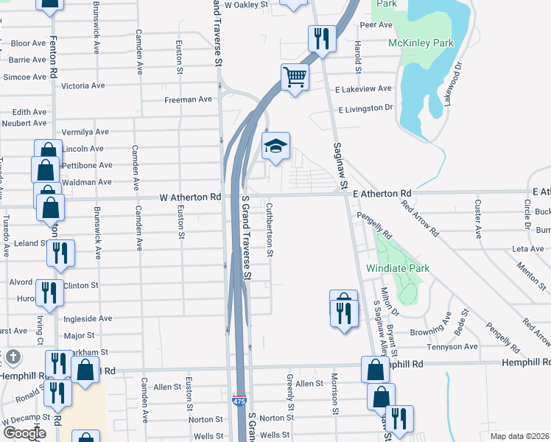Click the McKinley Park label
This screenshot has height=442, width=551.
(421, 43)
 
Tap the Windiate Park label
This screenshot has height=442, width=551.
(397, 269)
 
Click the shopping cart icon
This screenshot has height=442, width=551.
(295, 76)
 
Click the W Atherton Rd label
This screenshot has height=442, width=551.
(191, 197)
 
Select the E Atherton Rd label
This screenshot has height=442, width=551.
(382, 193)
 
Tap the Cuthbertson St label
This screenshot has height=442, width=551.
(270, 230)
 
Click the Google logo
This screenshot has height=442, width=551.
(24, 432)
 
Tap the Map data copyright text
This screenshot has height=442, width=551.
(519, 436)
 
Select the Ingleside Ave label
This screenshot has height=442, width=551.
(88, 318)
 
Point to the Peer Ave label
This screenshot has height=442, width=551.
(376, 24)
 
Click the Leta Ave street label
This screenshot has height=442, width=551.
(527, 249)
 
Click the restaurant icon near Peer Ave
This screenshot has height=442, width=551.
(322, 38)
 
